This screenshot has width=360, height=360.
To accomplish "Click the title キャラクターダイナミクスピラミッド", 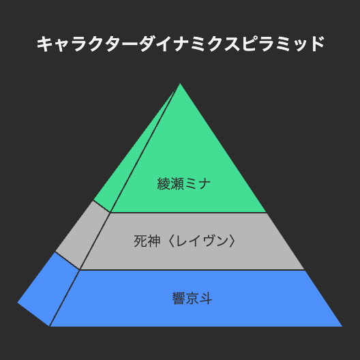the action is tap(181, 44).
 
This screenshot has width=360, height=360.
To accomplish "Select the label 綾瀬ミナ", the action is tap(184, 183).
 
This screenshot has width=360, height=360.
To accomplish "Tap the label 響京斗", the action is tap(192, 298).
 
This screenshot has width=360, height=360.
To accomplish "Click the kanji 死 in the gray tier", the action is tap(140, 241).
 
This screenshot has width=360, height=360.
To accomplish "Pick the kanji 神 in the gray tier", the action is tap(153, 241).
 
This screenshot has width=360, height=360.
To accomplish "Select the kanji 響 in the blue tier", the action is tap(179, 298).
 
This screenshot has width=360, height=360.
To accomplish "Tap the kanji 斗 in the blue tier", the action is tap(206, 298).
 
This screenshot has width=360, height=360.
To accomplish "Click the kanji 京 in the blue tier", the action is tap(192, 298).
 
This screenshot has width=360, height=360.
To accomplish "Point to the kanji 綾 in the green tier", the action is tap(164, 183).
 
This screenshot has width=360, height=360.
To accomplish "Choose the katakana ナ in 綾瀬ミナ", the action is tap(205, 183).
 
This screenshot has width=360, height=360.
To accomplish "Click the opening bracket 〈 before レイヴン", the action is tap(172, 241).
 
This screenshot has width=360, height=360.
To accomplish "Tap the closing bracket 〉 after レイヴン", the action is tap(232, 241).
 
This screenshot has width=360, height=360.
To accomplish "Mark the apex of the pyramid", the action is tap(180, 83).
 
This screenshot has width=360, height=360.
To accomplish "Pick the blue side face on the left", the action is tap(49, 289).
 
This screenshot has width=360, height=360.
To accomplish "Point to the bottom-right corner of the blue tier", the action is tap(342, 326).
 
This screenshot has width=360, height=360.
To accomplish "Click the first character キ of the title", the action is tap(44, 44).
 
